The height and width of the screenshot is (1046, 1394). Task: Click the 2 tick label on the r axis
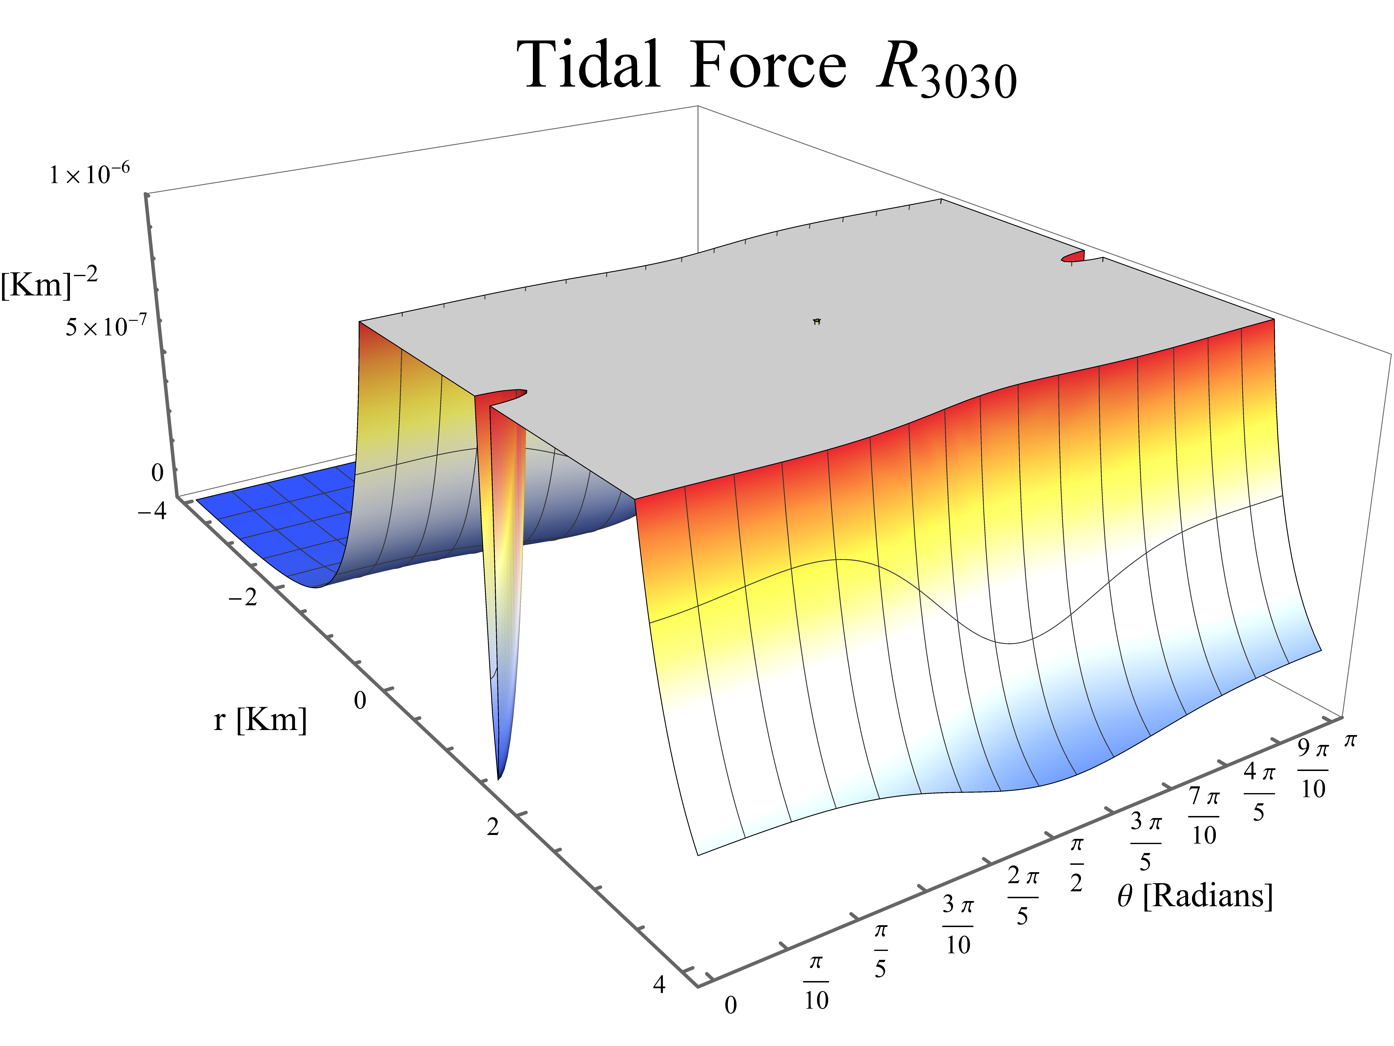493,827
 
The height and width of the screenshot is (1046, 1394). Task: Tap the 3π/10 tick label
958,925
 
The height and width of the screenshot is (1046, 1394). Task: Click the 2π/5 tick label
1022,895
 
